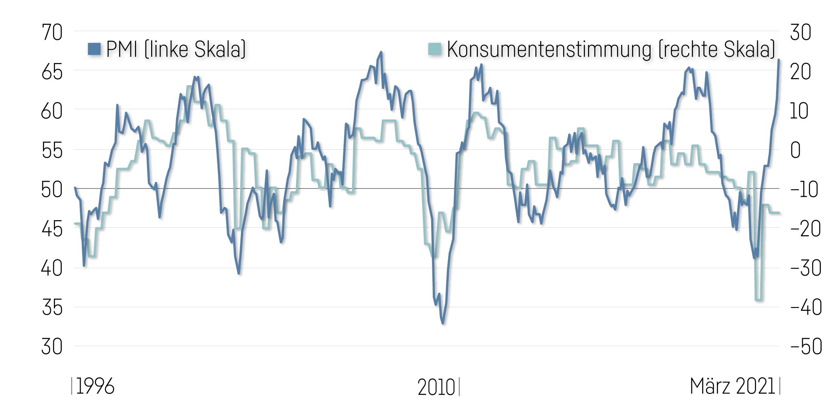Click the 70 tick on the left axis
tap(52, 33)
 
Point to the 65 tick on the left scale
tap(52, 72)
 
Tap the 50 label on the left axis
tap(52, 190)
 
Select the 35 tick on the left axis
tap(52, 308)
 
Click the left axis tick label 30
tap(52, 347)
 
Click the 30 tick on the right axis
tap(800, 33)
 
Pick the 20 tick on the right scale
tap(800, 72)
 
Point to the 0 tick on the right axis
tap(795, 150)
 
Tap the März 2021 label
tap(732, 386)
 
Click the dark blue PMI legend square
tap(94, 49)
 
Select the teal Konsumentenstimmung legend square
tap(435, 49)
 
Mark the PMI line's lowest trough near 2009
tap(443, 323)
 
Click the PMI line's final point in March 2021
tap(779, 60)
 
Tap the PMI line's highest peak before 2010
tap(381, 52)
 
